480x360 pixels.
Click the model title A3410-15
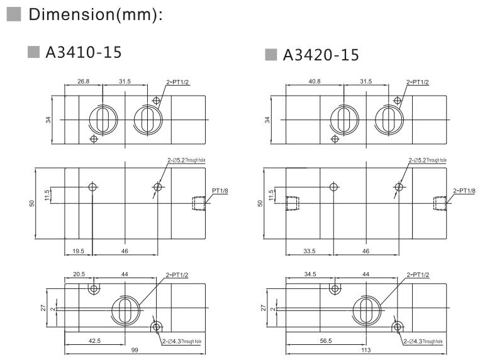(84, 52)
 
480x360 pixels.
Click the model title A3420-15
(321, 55)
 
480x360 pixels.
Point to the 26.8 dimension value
(84, 81)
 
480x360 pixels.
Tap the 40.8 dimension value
(314, 81)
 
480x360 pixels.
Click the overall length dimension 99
(135, 349)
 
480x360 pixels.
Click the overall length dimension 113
(366, 349)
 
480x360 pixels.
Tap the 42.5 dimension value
(94, 340)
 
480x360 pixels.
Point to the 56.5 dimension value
(325, 340)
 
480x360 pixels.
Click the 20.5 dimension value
(79, 274)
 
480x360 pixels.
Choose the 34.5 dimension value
(310, 274)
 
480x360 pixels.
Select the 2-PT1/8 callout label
(464, 191)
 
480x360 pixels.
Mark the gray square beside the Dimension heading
(13, 14)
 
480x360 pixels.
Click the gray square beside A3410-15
(34, 52)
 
